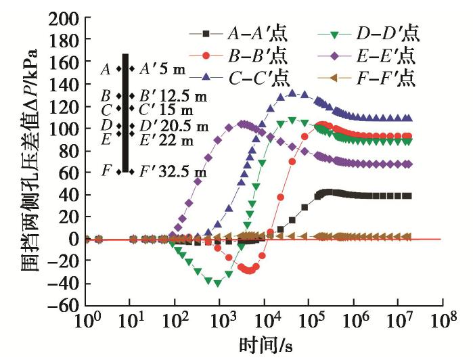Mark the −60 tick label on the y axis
pos(60,305)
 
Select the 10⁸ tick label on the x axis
pos(443,319)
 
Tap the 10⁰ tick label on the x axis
pos(86,319)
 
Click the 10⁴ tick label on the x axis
pos(265,319)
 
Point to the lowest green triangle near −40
pos(218,283)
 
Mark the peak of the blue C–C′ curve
pos(292,93)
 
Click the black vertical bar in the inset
pos(125,112)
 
